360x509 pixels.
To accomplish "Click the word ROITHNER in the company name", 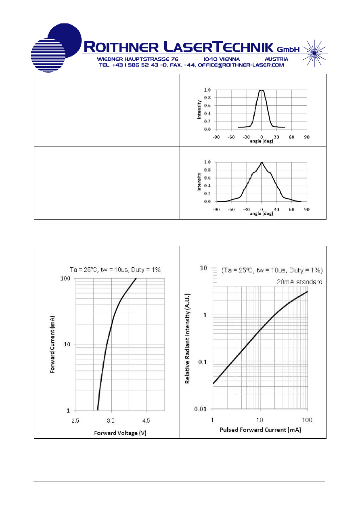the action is [x=121, y=47].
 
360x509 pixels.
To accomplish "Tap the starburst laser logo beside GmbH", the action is [x=314, y=53].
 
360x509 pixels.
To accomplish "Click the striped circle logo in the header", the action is [x=48, y=55].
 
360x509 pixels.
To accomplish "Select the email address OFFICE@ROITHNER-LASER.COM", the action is [x=241, y=65].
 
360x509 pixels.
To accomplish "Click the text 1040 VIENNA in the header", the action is [x=222, y=59].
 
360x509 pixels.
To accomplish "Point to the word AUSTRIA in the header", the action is [x=276, y=59].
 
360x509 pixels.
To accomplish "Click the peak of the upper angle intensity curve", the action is [x=262, y=90].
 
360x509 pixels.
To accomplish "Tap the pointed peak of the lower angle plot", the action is [x=262, y=163].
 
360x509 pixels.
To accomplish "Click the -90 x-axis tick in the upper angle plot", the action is [x=216, y=137].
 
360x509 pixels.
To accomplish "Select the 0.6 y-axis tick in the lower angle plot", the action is [x=207, y=178].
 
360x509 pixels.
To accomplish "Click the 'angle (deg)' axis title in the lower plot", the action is [x=262, y=214].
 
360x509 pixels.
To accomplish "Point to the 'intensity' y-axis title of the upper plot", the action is [x=199, y=109].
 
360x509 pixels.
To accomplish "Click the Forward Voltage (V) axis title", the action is [x=120, y=433].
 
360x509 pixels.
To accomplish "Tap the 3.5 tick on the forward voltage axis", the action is [x=111, y=421].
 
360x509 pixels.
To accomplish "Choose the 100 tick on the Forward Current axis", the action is [x=65, y=279].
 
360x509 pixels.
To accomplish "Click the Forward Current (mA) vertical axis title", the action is [x=52, y=344].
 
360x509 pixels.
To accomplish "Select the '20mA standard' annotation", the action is [x=299, y=282].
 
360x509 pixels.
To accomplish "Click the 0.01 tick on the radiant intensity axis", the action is [x=200, y=409].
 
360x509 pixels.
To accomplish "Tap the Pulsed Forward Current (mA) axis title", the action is [x=260, y=430].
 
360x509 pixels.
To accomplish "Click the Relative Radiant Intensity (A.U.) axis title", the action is [x=187, y=339].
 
